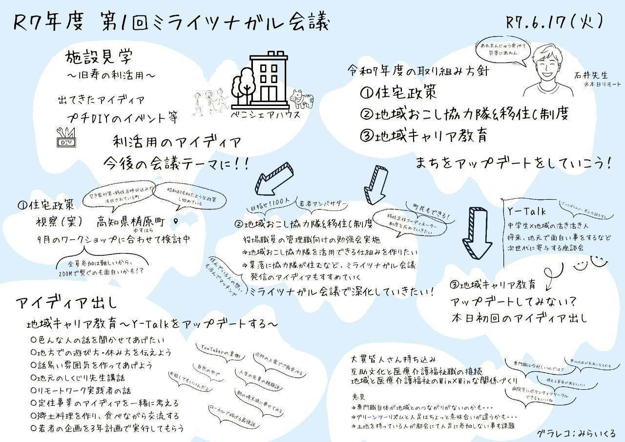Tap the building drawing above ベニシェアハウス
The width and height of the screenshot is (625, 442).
[x=267, y=81]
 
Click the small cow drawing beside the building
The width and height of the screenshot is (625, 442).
[x=301, y=99]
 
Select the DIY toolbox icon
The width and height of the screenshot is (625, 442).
[x=66, y=138]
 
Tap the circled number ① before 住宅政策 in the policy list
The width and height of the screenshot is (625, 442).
[x=366, y=92]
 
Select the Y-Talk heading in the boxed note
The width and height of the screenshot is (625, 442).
[x=527, y=211]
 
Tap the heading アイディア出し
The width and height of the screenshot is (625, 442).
[x=66, y=302]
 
